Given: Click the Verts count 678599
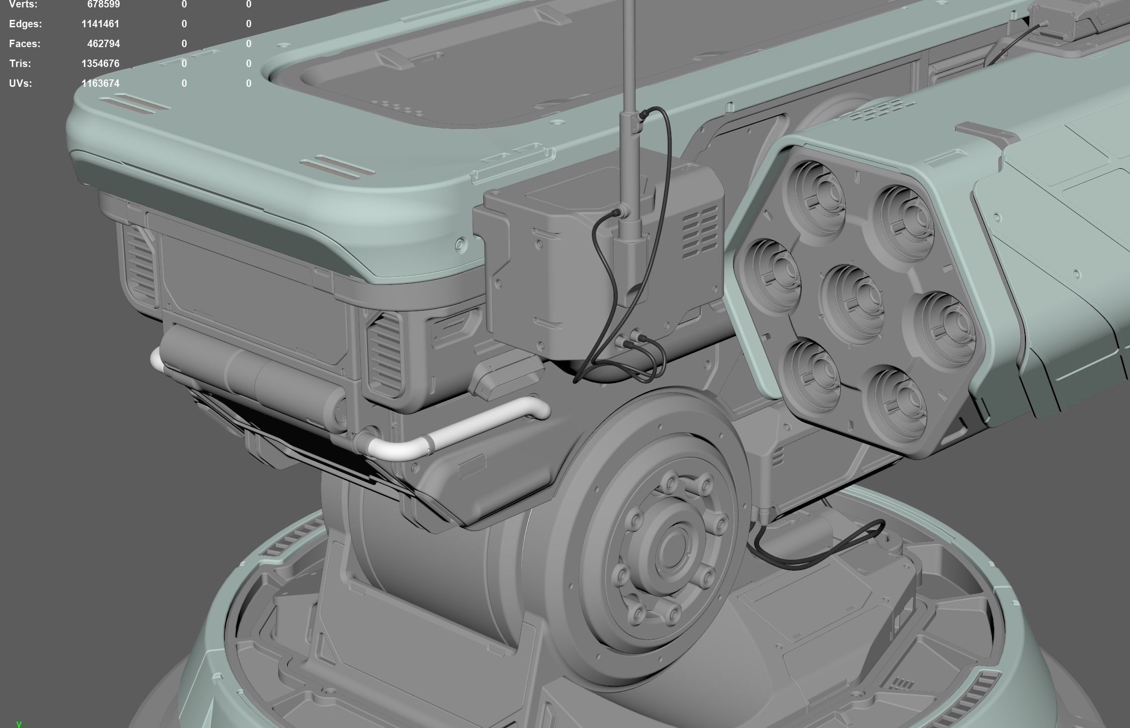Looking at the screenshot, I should (x=103, y=4).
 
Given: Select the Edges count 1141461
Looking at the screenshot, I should (x=100, y=24).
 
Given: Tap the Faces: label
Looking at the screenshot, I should (x=25, y=44).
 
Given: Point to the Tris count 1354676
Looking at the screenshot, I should (x=100, y=64).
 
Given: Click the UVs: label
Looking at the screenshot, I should (x=20, y=83).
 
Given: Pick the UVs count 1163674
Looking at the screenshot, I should (x=100, y=83).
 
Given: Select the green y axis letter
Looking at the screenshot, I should (x=19, y=724).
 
